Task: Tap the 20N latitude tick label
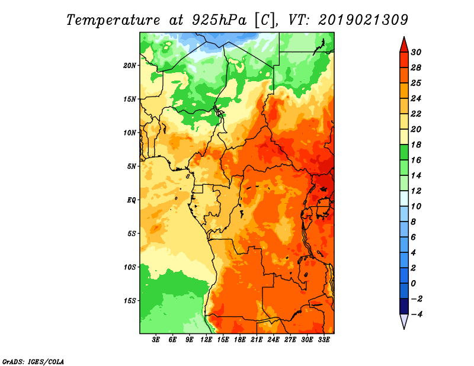[x=130, y=65]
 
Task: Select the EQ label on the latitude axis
[x=131, y=200]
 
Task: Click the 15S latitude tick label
[x=130, y=300]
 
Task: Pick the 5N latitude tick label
[x=132, y=166]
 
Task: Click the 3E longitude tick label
[x=156, y=341]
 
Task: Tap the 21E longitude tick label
[x=257, y=341]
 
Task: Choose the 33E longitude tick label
[x=324, y=341]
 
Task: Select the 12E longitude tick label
[x=207, y=341]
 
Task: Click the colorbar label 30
[x=422, y=52]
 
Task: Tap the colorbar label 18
[x=422, y=145]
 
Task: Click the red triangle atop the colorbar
[x=403, y=44]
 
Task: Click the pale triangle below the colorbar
[x=403, y=322]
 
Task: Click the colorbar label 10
[x=422, y=206]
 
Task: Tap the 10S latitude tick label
[x=130, y=267]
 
